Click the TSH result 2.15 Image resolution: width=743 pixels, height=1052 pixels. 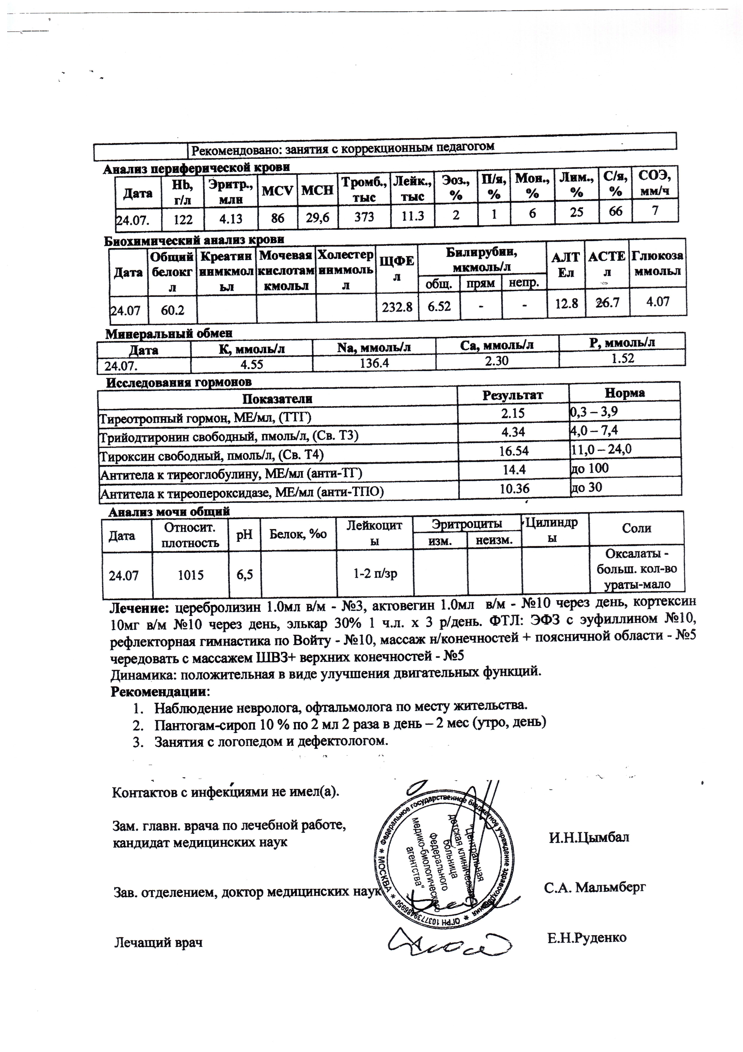coord(513,414)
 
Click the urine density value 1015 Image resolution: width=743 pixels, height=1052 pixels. coord(190,575)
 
